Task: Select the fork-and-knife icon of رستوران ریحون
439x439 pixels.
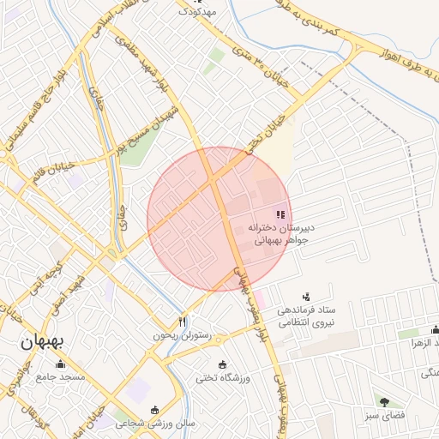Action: pos(182,322)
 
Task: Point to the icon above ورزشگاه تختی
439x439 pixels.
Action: pos(223,364)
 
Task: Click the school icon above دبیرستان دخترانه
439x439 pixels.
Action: pos(280,214)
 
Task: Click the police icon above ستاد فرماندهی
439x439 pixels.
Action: pos(308,295)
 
